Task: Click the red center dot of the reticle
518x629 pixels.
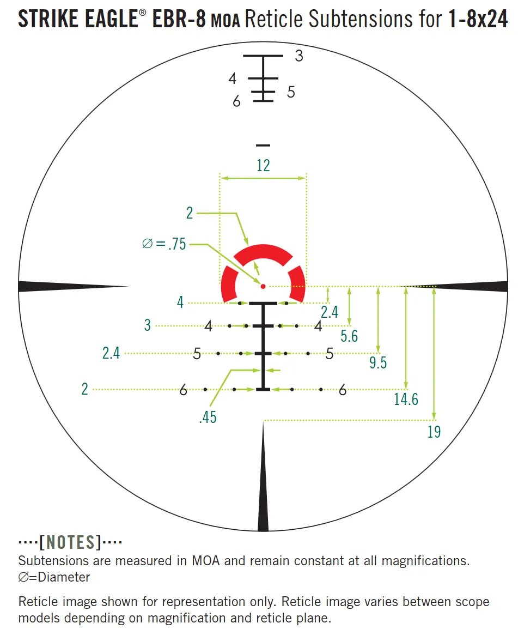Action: pos(263,286)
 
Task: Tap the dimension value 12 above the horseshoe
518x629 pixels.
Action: pos(263,165)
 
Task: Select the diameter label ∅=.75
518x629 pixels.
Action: pos(164,244)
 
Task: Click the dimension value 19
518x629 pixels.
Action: pos(434,432)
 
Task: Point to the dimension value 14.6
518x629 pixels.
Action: pos(406,399)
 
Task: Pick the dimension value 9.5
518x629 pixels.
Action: pos(378,362)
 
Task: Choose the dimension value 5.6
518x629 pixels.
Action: pos(349,336)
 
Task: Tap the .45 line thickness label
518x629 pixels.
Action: pos(208,417)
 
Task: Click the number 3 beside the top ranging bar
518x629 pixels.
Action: pos(298,56)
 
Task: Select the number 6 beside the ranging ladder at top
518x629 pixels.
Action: pos(236,101)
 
